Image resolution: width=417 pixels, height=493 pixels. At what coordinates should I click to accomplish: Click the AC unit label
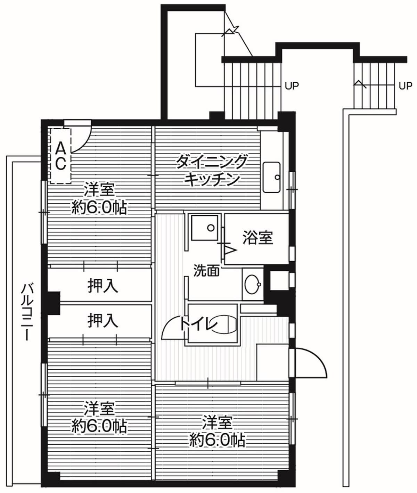click(x=60, y=156)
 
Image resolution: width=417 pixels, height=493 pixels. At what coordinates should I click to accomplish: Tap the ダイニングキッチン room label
click(x=212, y=171)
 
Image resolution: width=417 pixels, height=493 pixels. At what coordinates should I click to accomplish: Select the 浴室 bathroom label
click(x=257, y=238)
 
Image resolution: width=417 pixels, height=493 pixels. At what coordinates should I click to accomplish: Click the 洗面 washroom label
click(x=206, y=271)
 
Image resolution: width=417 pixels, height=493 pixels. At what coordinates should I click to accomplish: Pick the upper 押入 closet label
click(x=103, y=286)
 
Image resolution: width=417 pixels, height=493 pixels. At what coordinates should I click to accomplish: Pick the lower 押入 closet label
click(x=103, y=320)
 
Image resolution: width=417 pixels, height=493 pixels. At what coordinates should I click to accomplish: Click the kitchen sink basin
click(x=271, y=177)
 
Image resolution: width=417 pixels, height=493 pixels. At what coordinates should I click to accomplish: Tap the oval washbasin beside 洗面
click(x=253, y=285)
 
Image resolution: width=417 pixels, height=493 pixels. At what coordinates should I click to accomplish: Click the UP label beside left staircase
click(x=292, y=85)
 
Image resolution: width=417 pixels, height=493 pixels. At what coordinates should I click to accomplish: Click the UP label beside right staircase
click(x=405, y=85)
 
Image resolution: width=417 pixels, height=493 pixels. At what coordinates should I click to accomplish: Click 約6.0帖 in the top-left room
click(x=99, y=208)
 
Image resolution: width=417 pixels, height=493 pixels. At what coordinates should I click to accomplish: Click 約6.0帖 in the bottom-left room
click(x=99, y=426)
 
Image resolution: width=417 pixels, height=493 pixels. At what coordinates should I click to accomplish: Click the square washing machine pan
click(x=205, y=228)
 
